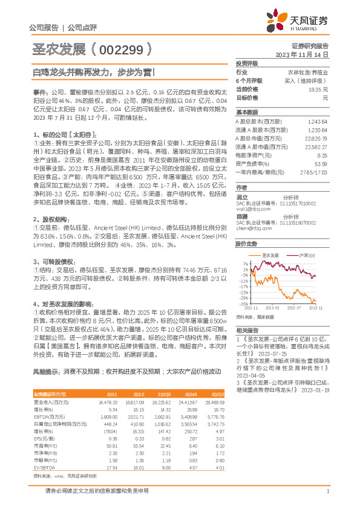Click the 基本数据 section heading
246,112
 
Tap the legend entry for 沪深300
309,256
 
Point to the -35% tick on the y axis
243,304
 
